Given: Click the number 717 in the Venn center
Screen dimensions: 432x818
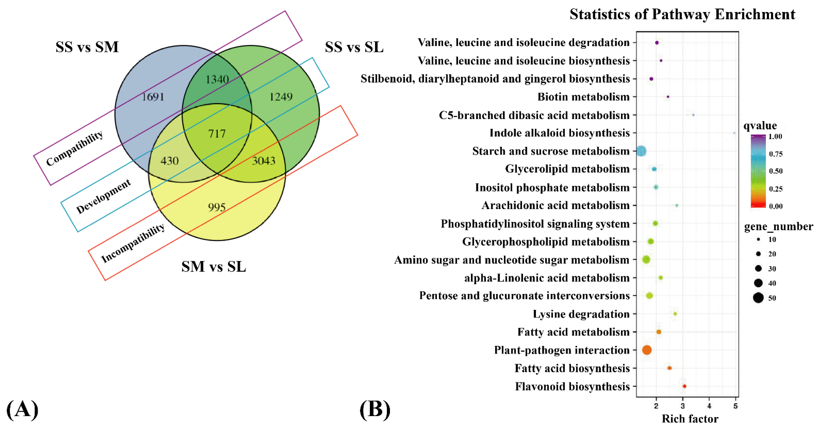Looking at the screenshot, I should (217, 133).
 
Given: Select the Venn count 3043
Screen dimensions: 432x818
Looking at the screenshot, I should (264, 161).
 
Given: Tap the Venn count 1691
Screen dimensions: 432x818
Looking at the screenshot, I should (153, 97).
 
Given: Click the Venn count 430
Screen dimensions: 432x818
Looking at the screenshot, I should (170, 161).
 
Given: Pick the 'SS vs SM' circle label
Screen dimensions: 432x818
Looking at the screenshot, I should (87, 47).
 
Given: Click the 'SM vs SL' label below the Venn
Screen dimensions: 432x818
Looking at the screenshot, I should (214, 267).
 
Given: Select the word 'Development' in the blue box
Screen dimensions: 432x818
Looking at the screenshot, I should (103, 196).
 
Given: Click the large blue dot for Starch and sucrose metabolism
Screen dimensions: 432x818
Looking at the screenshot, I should (641, 151).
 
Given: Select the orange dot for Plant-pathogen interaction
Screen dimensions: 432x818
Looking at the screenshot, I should (647, 350).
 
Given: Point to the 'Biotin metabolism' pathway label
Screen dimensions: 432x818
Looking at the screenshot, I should (583, 97).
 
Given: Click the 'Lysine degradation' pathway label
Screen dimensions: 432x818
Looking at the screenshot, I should (581, 314).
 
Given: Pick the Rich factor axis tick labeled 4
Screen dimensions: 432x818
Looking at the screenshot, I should (709, 406).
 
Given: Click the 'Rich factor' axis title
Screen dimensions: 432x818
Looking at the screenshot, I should (690, 419).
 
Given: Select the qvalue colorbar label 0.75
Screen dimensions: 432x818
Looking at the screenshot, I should (775, 154).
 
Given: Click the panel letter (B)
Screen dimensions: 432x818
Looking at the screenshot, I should (375, 410).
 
